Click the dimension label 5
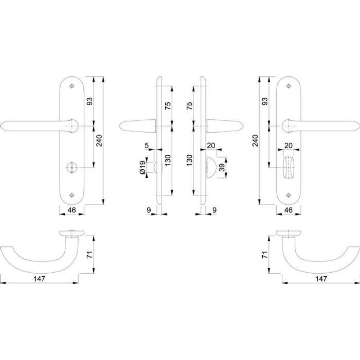click(147, 145)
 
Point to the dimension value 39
click(222, 167)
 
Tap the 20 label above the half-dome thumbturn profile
click(211, 145)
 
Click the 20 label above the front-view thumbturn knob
click(288, 145)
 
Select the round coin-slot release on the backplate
click(72, 167)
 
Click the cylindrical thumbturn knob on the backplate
click(288, 167)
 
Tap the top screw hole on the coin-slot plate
click(72, 86)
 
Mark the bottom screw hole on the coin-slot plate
click(72, 195)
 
